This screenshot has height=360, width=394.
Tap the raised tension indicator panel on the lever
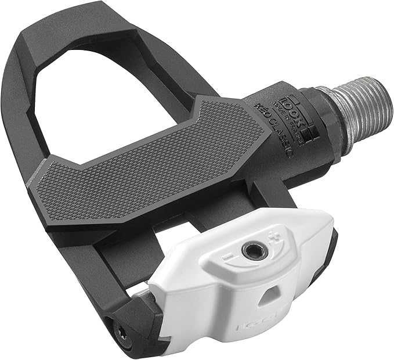(x=255, y=255)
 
